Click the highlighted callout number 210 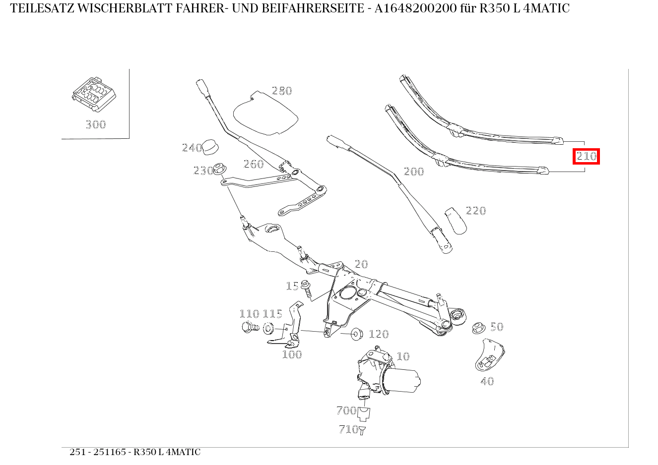(x=586, y=157)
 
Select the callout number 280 (x=282, y=91)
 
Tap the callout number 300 (x=95, y=124)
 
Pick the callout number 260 (x=254, y=164)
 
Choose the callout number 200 (x=414, y=172)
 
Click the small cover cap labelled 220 (x=456, y=220)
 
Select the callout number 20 (x=361, y=264)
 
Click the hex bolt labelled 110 (x=249, y=328)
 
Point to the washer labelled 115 (x=268, y=328)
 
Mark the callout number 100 (x=292, y=354)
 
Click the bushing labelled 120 (x=356, y=333)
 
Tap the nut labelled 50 (x=478, y=328)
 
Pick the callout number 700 (x=346, y=410)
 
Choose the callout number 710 (x=348, y=429)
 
